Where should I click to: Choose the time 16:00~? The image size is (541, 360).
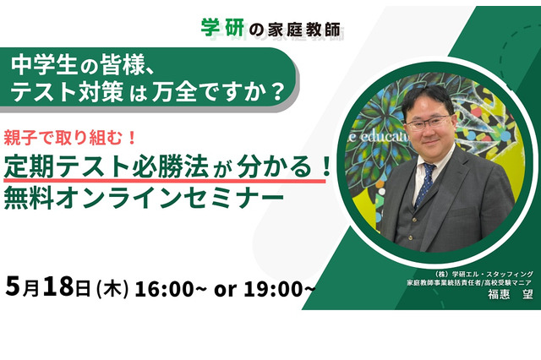click(x=167, y=288)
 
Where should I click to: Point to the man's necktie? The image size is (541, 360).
click(x=426, y=183)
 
